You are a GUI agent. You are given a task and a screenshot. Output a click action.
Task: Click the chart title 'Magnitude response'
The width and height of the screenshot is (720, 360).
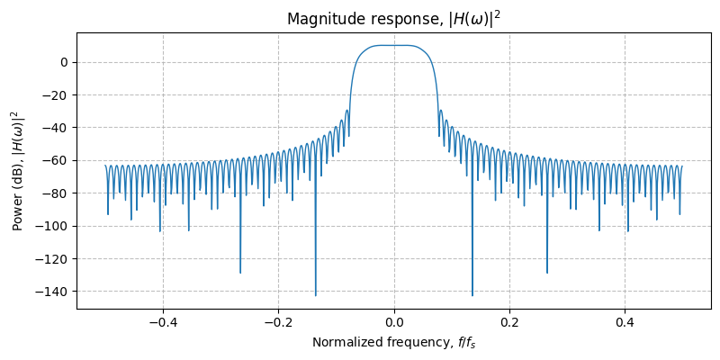coord(393,19)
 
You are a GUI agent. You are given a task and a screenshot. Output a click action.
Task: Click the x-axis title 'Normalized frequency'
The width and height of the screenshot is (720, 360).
coord(393,342)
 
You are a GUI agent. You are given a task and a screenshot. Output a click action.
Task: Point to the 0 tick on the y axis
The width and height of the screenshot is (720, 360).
coord(64,62)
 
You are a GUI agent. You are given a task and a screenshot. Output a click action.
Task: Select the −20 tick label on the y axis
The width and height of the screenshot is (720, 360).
coord(57,94)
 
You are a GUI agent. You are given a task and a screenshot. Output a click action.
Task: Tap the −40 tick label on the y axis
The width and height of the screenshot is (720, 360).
coord(57,128)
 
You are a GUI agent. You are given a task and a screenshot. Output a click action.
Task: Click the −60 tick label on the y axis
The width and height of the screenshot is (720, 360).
coord(57,160)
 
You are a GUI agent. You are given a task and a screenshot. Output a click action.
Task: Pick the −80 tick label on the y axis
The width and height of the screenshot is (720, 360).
coord(57,193)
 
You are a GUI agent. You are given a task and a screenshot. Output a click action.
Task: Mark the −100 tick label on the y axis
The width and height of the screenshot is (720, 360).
coord(54,226)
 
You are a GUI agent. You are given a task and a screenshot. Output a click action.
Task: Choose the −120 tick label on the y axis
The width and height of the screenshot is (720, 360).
coord(54,258)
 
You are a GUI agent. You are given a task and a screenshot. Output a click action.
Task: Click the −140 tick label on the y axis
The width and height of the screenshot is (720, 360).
coord(54,292)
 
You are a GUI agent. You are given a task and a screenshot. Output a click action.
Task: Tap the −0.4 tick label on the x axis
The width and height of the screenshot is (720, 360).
coord(162,321)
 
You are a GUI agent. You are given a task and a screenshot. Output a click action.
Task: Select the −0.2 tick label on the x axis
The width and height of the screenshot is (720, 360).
coord(278,321)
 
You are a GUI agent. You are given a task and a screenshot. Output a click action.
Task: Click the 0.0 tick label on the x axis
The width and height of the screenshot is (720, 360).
coord(394,321)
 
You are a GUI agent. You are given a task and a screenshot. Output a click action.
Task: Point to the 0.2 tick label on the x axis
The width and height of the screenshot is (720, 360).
coord(509,321)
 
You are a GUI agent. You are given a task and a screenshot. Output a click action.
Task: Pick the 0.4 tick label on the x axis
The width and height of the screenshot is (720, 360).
coord(625,321)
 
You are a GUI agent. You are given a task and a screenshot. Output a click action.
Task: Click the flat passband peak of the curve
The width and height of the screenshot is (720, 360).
coord(394,45)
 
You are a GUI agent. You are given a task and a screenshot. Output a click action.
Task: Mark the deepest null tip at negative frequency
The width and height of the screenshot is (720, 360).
coord(315,295)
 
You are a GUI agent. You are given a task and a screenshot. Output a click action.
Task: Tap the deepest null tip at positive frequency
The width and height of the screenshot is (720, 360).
coord(472,295)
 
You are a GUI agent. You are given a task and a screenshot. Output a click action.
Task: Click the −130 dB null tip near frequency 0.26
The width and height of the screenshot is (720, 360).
coord(547,273)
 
